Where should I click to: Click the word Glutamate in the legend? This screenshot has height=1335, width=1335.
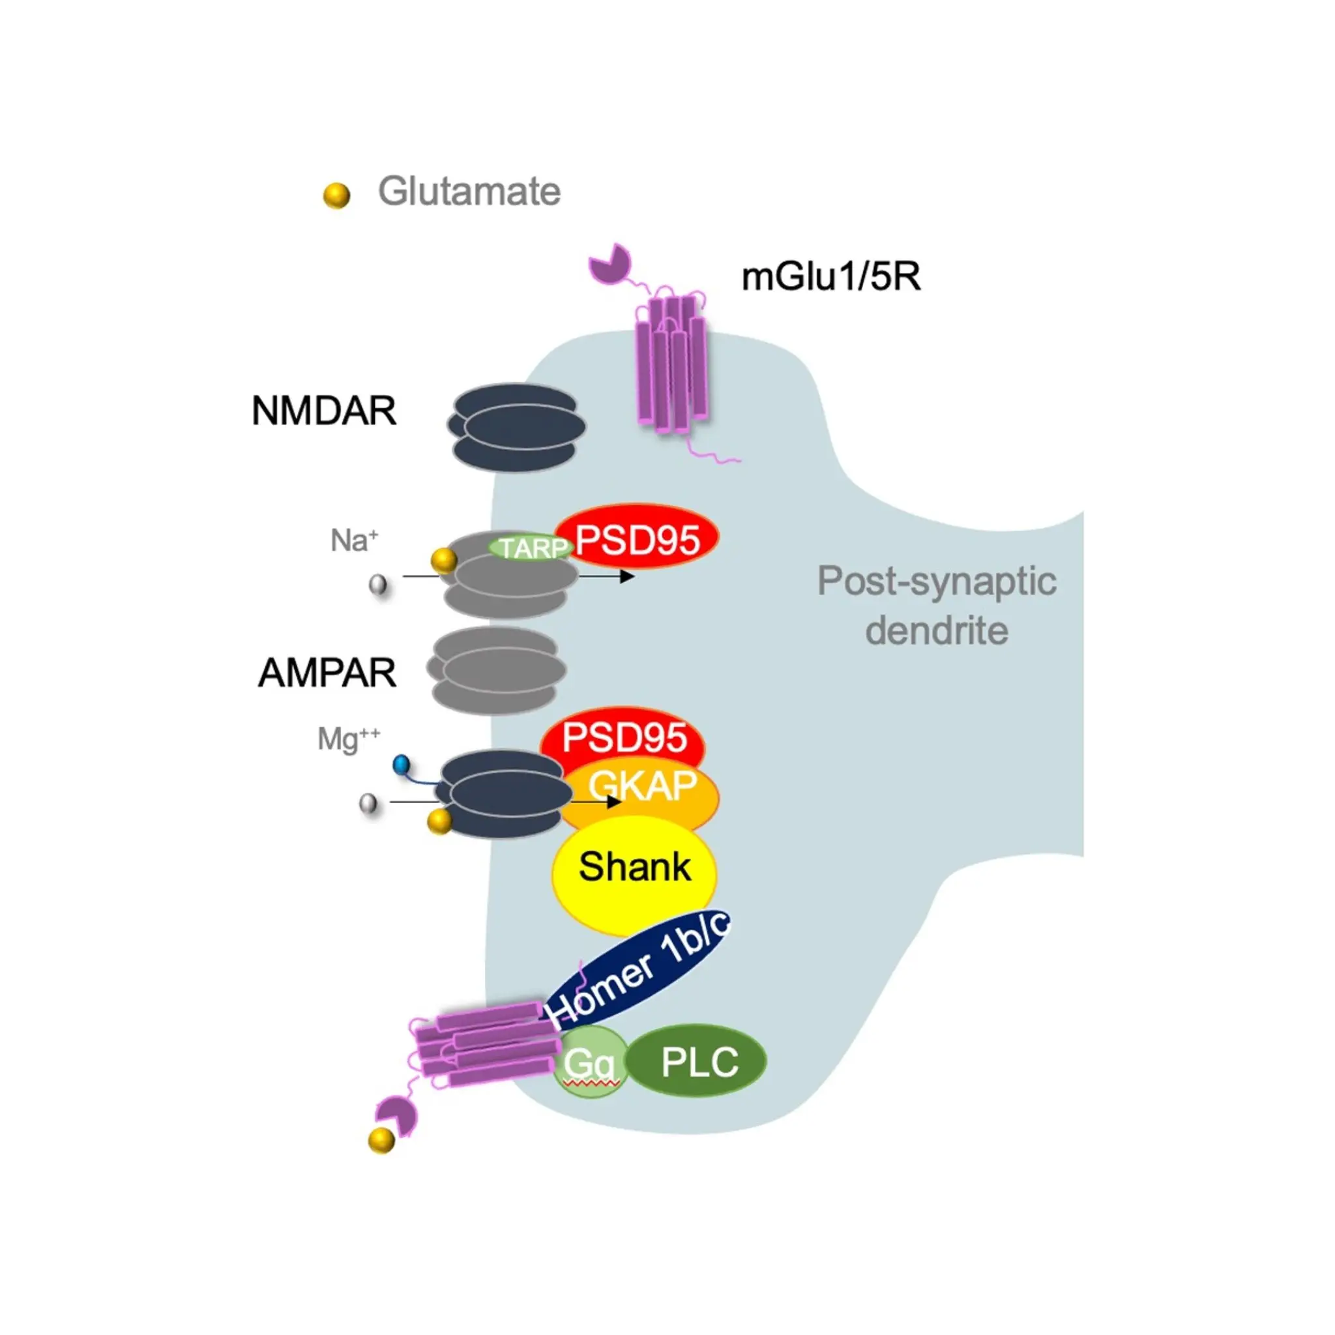[x=469, y=192]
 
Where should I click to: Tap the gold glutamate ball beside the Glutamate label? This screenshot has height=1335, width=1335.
[x=336, y=196]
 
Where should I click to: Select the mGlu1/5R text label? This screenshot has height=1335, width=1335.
[x=830, y=277]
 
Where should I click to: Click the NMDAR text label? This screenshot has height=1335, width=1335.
[x=323, y=411]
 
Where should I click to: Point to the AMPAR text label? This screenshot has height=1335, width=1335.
[x=327, y=672]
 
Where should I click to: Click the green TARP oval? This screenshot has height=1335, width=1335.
[x=531, y=549]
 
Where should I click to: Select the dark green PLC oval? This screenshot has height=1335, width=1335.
[x=699, y=1061]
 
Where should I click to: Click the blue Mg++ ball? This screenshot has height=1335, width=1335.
[x=401, y=764]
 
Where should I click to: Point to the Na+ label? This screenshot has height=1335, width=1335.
[x=354, y=540]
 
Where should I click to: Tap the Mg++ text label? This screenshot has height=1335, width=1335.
[x=348, y=739]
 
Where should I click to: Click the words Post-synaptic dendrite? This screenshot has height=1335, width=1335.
[x=936, y=606]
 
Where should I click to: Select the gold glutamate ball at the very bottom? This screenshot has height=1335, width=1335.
[x=381, y=1139]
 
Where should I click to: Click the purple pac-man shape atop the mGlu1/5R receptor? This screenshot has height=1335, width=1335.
[x=609, y=263]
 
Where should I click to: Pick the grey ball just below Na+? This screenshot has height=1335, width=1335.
[x=378, y=585]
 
